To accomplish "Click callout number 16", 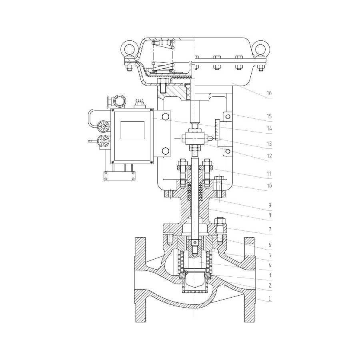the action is click(269, 93).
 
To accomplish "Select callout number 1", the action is click(270, 299).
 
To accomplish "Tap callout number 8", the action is click(270, 215).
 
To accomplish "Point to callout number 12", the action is click(269, 156).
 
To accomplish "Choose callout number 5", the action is click(270, 255).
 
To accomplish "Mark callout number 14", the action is click(269, 128).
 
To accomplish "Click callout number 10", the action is click(269, 186).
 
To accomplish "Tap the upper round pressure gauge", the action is click(103, 127).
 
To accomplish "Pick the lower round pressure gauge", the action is click(103, 141).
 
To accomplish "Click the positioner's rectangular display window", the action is click(132, 130).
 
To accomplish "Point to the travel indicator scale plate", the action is click(218, 130).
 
